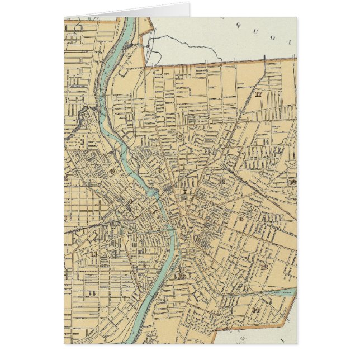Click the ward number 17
(258, 94)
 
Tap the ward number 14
(255, 310)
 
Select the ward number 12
(264, 267)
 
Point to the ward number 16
(221, 182)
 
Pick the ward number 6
(241, 219)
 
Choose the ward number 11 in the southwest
(92, 292)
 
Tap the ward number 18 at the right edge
(292, 182)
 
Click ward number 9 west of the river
(112, 171)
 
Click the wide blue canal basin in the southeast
(280, 292)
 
